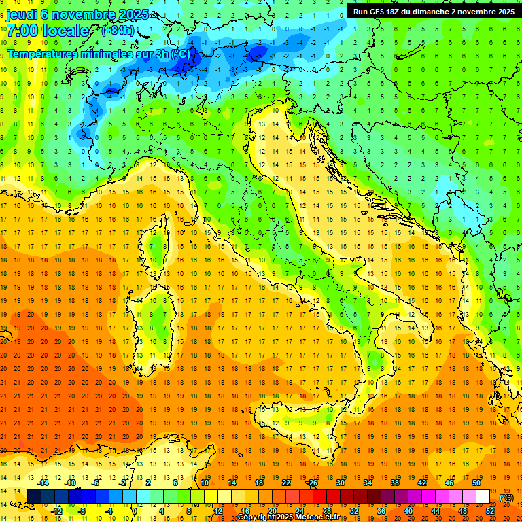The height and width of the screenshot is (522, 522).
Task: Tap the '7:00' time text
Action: (x=22, y=31)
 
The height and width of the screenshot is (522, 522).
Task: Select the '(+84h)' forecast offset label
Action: (x=118, y=31)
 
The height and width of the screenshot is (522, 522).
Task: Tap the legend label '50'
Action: (x=476, y=482)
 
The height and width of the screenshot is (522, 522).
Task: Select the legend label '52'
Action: (x=490, y=510)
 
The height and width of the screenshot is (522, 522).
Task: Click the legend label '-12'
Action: (x=57, y=510)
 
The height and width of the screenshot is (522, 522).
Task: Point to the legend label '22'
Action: (x=286, y=482)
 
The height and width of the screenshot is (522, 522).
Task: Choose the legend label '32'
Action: (x=353, y=510)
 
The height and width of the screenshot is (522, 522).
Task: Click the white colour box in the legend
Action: (x=483, y=496)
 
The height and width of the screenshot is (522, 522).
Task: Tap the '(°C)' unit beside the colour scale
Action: (x=506, y=497)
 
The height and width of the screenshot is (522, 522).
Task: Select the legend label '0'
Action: (x=135, y=510)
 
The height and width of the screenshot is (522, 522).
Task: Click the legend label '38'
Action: (x=395, y=482)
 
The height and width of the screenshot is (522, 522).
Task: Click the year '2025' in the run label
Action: (x=502, y=12)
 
